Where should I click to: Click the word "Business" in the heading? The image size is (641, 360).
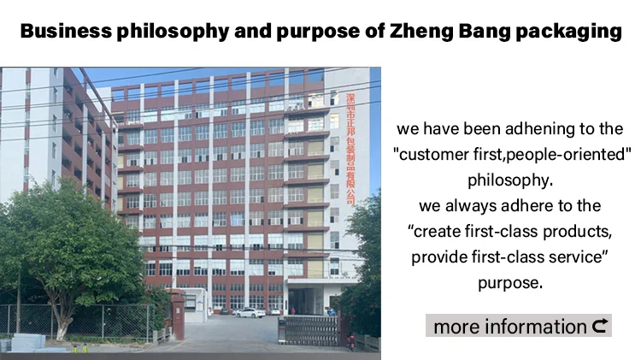(x=66, y=31)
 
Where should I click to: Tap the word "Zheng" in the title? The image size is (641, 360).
(x=421, y=32)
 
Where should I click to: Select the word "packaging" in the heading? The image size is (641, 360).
(x=568, y=32)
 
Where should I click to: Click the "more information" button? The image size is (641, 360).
(x=519, y=326)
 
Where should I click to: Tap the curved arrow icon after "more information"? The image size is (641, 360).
(x=600, y=326)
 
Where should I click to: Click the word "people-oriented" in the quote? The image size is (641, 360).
(x=568, y=155)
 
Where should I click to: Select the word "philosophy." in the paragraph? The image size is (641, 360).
(x=510, y=180)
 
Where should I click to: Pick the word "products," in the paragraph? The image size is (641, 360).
(x=577, y=232)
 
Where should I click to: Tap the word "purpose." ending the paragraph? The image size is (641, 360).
(x=510, y=283)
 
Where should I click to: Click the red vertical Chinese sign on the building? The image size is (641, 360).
(x=350, y=150)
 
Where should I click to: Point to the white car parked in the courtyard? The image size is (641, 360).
(x=250, y=313)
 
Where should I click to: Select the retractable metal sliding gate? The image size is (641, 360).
(x=308, y=331)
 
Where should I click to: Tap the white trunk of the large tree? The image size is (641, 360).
(x=62, y=324)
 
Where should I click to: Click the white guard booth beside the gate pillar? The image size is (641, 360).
(x=196, y=305)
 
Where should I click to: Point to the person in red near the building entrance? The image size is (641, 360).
(x=292, y=311)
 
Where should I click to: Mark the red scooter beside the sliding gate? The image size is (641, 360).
(x=350, y=342)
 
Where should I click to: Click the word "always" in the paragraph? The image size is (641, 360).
(x=468, y=206)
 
